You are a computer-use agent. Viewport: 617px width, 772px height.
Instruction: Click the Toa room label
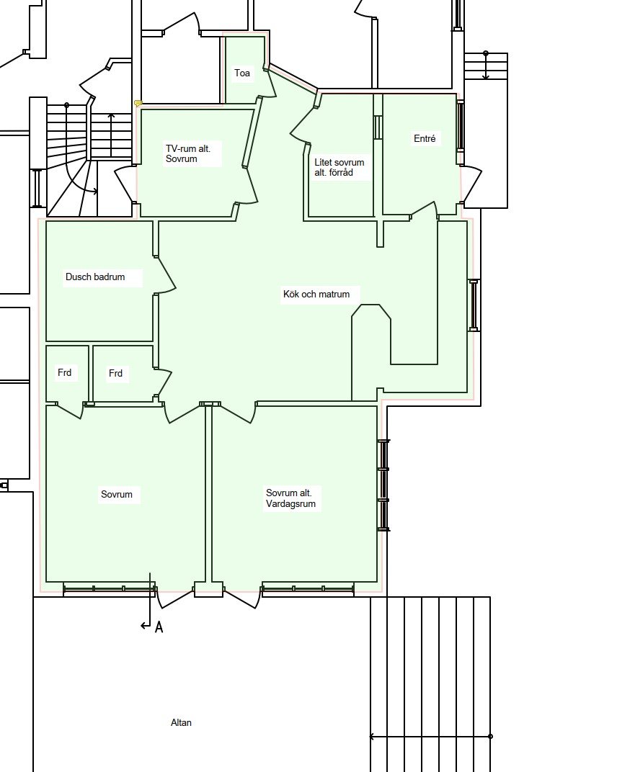point(242,73)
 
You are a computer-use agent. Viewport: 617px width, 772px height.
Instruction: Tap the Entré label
point(425,139)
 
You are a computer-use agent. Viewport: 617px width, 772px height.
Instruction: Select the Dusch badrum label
point(95,277)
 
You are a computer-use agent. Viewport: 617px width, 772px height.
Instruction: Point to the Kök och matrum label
point(316,295)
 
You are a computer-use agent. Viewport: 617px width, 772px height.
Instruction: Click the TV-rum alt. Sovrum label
point(187,153)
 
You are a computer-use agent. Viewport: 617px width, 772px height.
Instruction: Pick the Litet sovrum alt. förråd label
point(339,167)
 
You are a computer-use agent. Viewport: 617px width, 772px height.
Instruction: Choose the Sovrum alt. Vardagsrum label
point(290,498)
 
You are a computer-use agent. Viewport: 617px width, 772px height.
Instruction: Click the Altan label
point(181,723)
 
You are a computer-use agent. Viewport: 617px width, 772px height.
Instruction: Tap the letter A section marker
point(159,627)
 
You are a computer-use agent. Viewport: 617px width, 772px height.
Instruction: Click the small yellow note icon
point(138,104)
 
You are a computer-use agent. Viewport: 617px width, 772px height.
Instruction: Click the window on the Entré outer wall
point(461,125)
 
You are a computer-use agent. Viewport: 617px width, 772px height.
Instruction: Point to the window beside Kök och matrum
point(474,305)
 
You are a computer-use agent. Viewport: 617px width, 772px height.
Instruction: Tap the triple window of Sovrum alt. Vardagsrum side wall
point(383,485)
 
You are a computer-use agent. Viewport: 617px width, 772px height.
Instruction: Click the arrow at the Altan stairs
point(430,737)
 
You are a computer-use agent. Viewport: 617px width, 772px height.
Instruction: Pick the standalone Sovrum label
point(117,494)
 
